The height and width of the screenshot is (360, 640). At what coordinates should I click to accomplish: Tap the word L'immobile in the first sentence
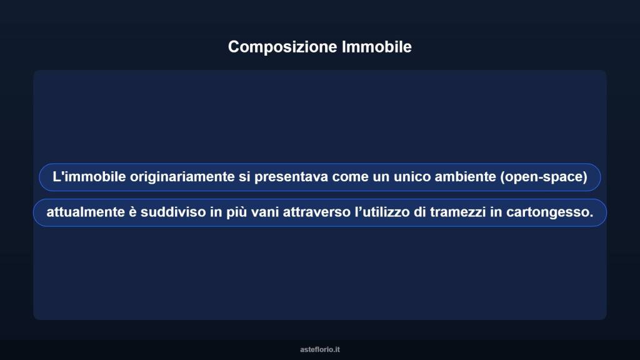(89, 177)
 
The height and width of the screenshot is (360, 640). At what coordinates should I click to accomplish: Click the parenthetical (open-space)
(544, 177)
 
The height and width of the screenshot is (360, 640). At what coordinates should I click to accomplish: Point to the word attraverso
(314, 212)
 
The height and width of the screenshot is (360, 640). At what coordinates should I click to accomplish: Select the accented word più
(231, 212)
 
